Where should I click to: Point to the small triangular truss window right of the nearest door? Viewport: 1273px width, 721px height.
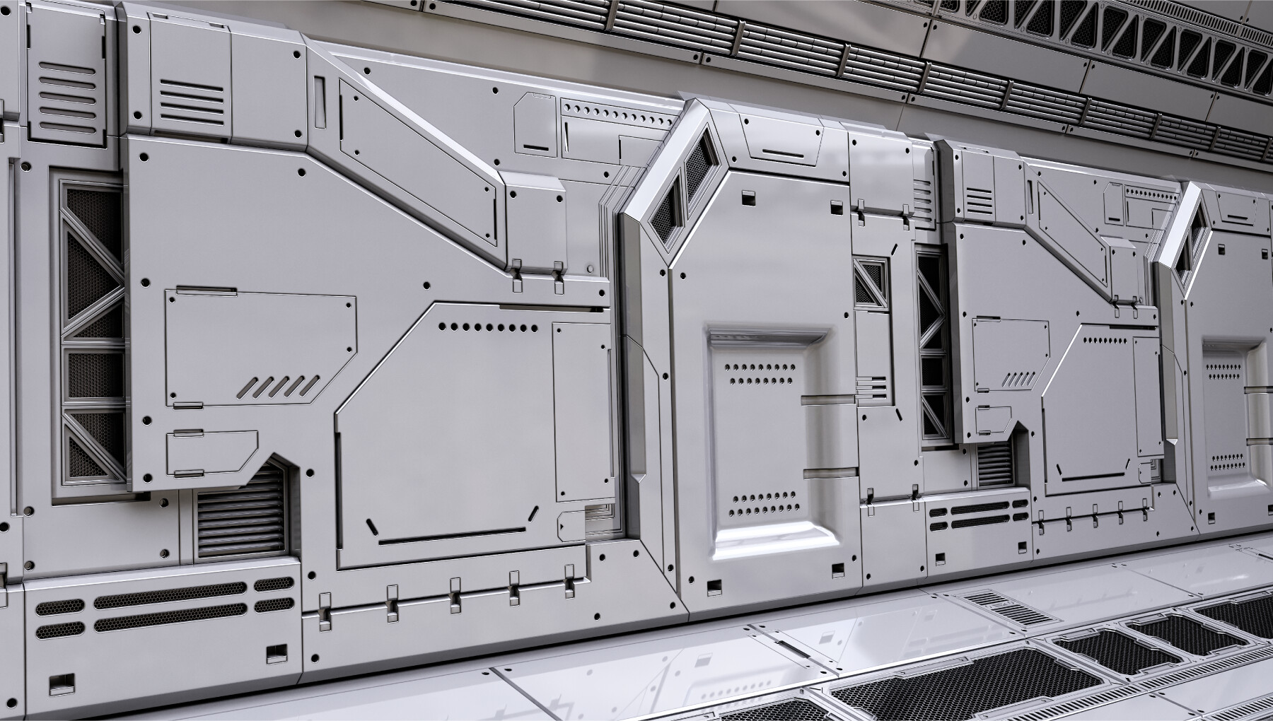868,282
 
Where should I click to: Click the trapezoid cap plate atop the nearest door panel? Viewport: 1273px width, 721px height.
782,141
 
